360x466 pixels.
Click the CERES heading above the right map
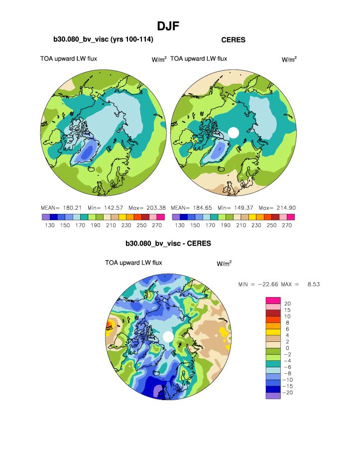coord(233,40)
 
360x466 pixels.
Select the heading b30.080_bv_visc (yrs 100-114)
coord(103,39)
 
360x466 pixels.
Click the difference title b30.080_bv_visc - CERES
coord(168,244)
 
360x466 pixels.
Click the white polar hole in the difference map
coord(168,337)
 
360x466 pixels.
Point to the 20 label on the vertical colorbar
coord(287,304)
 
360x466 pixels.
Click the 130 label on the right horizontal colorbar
coord(180,225)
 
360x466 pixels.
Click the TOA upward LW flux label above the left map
coord(69,59)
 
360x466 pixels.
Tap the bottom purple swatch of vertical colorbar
coord(273,396)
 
